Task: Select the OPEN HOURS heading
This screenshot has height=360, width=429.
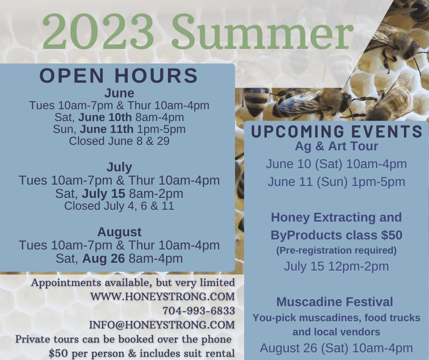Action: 119,76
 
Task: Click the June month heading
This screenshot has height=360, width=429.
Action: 119,93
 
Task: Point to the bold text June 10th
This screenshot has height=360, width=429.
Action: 105,117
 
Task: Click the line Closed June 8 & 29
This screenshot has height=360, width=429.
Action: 119,141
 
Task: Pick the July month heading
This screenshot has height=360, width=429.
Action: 119,167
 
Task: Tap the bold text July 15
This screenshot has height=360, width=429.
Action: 104,193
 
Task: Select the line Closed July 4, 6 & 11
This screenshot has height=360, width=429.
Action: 119,206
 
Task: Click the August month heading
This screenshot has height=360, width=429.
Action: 119,232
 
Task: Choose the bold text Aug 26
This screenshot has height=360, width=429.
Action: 104,259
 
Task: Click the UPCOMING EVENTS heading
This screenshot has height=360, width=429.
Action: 337,132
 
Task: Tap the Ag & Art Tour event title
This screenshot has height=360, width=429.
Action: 336,146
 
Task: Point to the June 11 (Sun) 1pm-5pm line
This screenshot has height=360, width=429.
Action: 336,182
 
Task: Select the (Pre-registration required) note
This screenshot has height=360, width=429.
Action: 336,250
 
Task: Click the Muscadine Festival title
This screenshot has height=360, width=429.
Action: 335,302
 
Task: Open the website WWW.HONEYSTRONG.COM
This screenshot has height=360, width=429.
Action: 162,296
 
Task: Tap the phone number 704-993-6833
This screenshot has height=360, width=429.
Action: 199,311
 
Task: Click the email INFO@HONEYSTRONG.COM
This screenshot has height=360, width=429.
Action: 162,325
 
